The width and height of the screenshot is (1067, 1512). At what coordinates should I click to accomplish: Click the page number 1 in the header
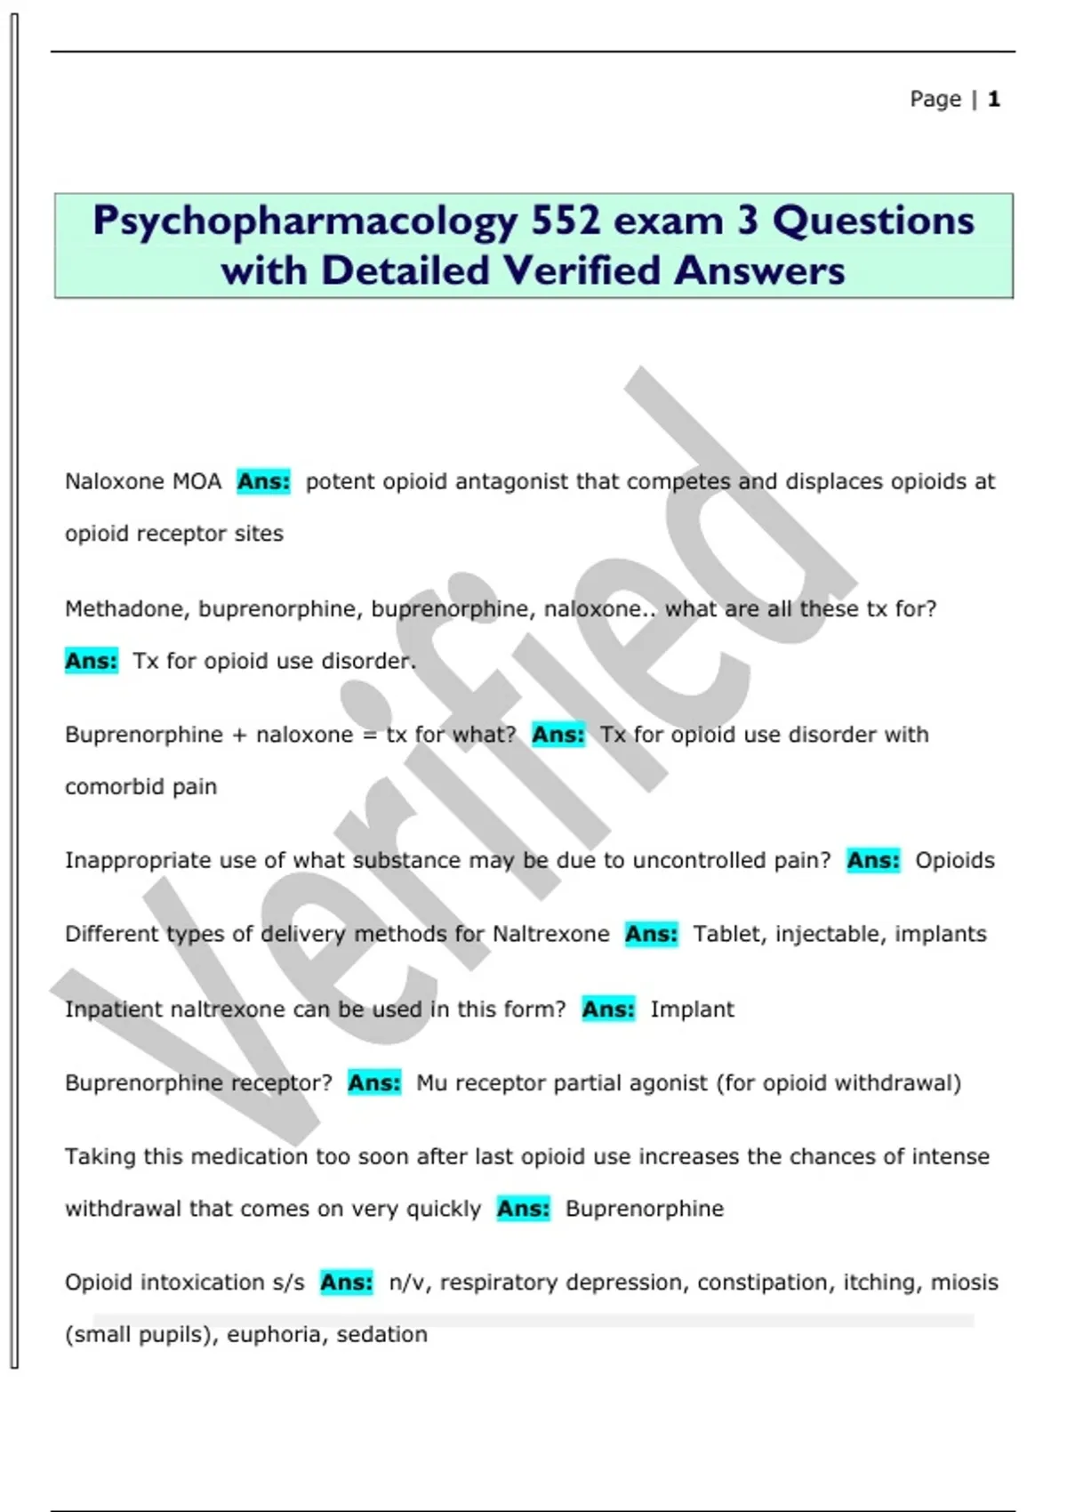point(993,99)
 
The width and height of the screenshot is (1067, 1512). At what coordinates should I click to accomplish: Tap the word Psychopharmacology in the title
point(305,221)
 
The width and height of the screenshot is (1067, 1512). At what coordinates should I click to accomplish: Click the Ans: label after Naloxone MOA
point(263,482)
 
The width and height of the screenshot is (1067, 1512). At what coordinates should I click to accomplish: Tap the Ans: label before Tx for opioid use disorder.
point(91,662)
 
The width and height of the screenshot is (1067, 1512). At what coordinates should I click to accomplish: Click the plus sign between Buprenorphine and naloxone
point(238,736)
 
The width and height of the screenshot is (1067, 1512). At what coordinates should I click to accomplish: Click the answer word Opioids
point(954,861)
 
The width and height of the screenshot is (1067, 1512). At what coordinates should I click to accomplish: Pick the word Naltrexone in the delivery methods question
point(550,934)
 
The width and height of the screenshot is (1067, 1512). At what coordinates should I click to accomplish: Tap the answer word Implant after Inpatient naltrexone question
point(692,1009)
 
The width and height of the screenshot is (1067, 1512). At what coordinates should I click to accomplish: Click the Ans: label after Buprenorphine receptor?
point(373,1083)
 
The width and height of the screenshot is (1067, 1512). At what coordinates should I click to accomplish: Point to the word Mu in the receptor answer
point(431,1083)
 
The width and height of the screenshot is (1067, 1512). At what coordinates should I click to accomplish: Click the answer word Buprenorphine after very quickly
point(644,1209)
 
